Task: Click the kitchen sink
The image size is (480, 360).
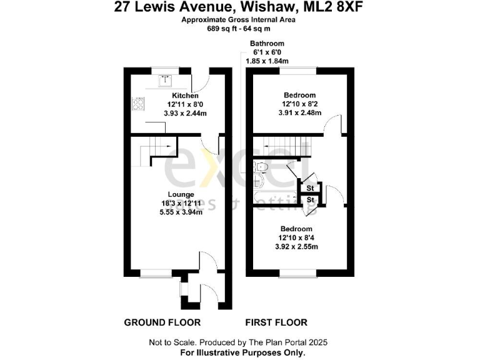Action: pos(166,79)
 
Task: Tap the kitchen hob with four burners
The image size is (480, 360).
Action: pos(137,104)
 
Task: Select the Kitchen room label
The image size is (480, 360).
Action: pos(169,96)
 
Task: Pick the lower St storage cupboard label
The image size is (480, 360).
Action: pos(310,200)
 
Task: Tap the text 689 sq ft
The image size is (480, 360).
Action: pos(223,28)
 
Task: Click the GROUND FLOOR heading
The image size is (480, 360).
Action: pos(162,322)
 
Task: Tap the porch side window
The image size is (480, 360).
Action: pos(181,291)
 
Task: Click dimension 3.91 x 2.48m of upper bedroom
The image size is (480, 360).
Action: pos(299,113)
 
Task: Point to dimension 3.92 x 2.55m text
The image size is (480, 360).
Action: pos(296,247)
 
